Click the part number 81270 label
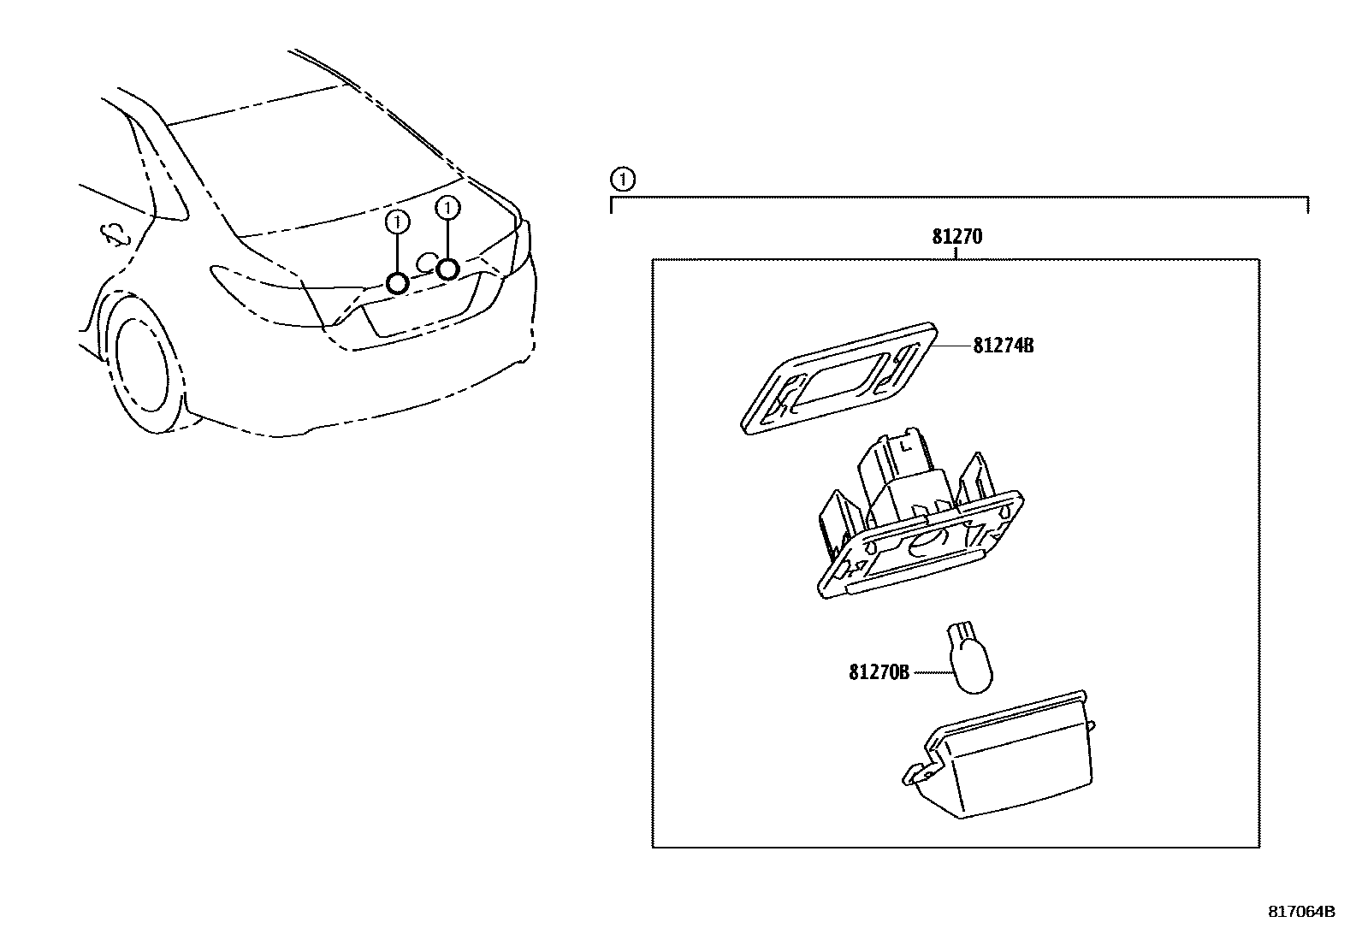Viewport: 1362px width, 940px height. [x=956, y=237]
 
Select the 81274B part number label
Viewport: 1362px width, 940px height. [x=1003, y=346]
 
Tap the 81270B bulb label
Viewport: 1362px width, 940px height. [x=879, y=673]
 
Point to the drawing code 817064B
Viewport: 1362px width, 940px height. [x=1300, y=912]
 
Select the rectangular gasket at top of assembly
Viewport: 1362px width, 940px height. [x=838, y=377]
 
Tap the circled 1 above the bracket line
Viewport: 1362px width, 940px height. [x=623, y=180]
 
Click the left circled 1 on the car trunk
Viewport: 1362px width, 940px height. [x=398, y=222]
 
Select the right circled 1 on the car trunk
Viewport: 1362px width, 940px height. [x=447, y=207]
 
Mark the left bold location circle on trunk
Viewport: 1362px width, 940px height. [x=398, y=283]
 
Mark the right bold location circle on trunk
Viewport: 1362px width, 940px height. [x=447, y=269]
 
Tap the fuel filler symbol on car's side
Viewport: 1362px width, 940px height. [x=115, y=234]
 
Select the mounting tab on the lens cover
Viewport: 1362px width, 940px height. [x=918, y=774]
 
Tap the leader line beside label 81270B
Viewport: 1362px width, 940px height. [x=932, y=673]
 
